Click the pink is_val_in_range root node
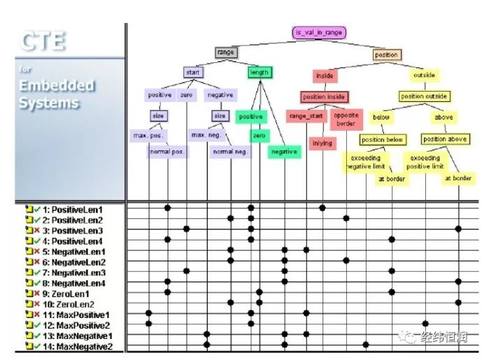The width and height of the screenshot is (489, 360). [x=318, y=32]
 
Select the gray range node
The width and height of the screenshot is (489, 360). [x=226, y=52]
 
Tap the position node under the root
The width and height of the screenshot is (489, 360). [x=386, y=55]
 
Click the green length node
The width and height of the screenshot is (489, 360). [x=258, y=72]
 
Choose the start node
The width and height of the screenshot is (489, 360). [x=193, y=72]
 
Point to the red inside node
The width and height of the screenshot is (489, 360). [x=324, y=75]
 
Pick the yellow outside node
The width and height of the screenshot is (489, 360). [x=424, y=75]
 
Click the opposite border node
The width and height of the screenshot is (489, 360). [x=346, y=118]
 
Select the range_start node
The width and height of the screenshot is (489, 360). [x=306, y=115]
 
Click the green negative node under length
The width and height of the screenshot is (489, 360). [x=283, y=152]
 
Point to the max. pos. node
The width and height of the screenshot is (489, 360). [x=148, y=135]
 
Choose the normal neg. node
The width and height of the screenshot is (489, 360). [x=231, y=152]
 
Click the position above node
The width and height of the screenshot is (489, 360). [x=444, y=139]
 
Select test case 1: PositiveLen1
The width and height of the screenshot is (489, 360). [x=73, y=209]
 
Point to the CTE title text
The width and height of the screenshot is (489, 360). [x=43, y=41]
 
